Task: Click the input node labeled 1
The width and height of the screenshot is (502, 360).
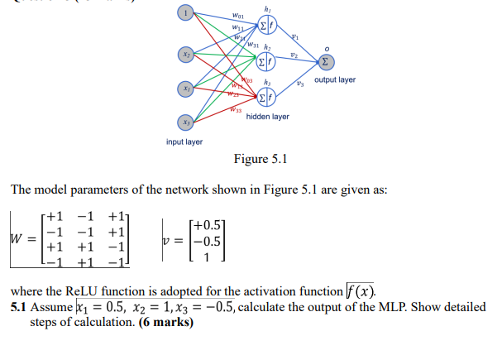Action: (188, 13)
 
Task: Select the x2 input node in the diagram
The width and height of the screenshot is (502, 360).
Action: (188, 54)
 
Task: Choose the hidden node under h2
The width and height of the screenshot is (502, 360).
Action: (266, 62)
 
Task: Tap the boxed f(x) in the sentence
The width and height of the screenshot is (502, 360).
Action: (361, 291)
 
